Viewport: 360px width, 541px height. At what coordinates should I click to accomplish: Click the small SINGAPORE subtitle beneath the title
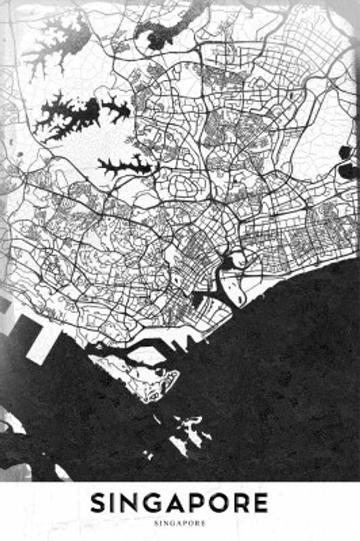tap(180, 522)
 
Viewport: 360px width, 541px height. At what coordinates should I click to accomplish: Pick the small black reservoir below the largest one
tap(125, 164)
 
